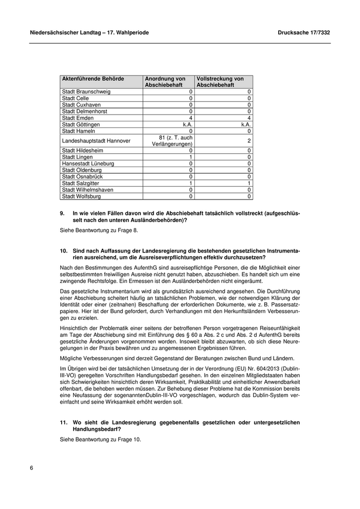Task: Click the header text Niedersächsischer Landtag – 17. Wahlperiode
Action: click(x=89, y=32)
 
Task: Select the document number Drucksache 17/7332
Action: click(x=303, y=32)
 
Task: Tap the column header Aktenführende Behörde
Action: click(x=93, y=79)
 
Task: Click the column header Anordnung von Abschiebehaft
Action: click(x=165, y=82)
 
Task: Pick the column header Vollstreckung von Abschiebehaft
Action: click(x=220, y=82)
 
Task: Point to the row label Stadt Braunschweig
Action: click(x=86, y=92)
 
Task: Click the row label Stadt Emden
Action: click(x=78, y=118)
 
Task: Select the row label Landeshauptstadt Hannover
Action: click(x=96, y=140)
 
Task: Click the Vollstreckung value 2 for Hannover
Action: click(x=249, y=140)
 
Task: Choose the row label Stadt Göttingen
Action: click(x=81, y=124)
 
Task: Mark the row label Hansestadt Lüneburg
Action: click(x=88, y=163)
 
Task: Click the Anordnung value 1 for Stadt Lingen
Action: click(x=190, y=157)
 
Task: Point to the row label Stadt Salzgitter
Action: click(x=81, y=183)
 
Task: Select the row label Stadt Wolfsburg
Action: click(x=81, y=196)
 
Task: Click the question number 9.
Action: click(x=62, y=213)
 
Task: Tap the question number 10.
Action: click(x=64, y=250)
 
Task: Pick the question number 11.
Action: click(x=64, y=422)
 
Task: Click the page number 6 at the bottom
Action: click(x=31, y=468)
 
